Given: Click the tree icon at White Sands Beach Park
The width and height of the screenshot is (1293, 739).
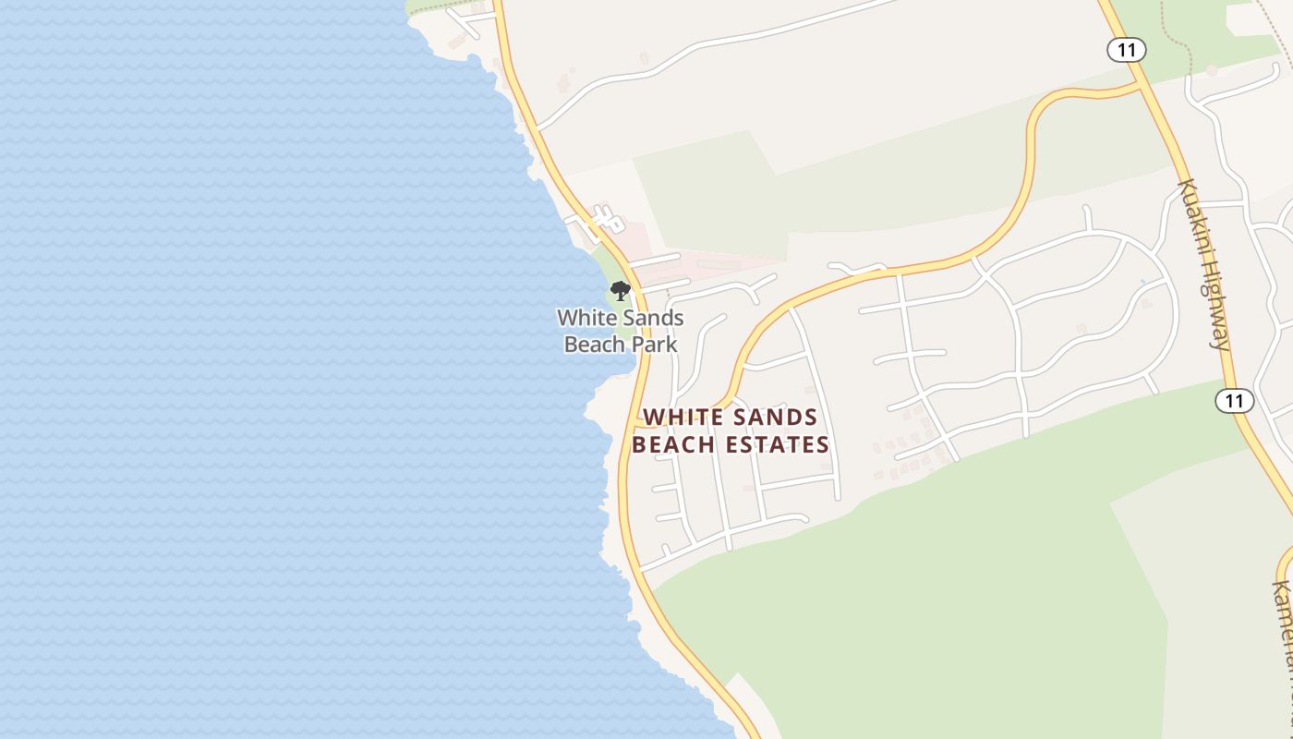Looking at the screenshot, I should point(621,292).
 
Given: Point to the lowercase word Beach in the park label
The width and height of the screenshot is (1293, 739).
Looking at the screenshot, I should point(592,345).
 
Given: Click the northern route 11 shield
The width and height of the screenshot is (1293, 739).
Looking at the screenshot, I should point(1126,49).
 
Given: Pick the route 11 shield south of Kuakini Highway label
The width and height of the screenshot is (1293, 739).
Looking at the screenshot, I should point(1234,401).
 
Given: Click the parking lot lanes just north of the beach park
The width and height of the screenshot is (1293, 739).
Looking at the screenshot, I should point(596,222).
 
